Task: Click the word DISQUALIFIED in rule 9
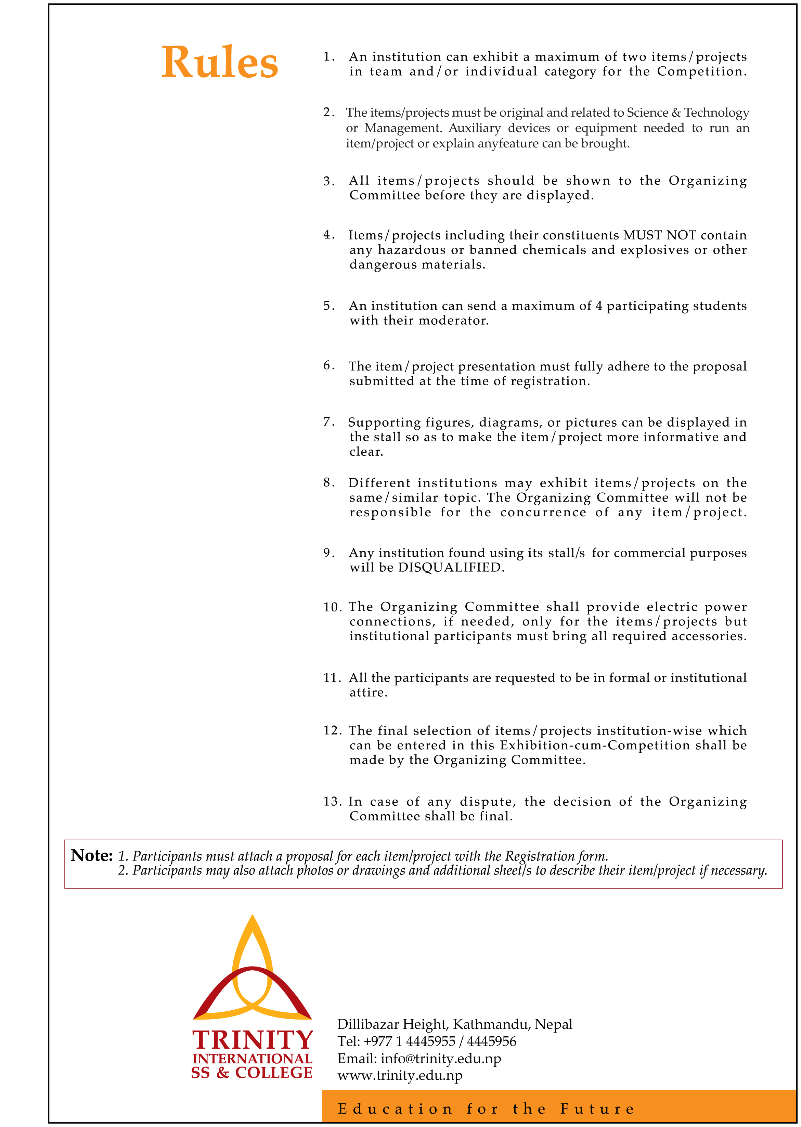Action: point(450,568)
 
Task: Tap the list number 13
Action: point(333,802)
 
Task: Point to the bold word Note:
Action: point(92,855)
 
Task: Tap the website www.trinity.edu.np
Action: point(400,1075)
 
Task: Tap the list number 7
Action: point(329,422)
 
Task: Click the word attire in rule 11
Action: point(368,692)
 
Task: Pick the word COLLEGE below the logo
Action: point(273,1073)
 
